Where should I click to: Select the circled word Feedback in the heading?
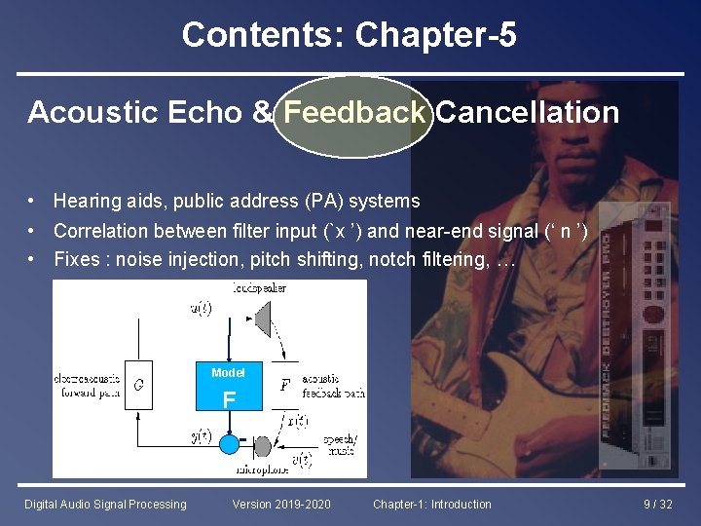click(x=353, y=113)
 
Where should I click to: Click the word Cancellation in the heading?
click(x=527, y=113)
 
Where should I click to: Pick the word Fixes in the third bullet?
click(x=76, y=259)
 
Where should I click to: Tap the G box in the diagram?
click(x=139, y=385)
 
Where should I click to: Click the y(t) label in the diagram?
click(x=202, y=435)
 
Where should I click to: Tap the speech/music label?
click(x=340, y=444)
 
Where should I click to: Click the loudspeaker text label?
click(x=259, y=287)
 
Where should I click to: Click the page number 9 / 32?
click(x=658, y=505)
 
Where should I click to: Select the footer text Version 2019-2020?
click(x=281, y=505)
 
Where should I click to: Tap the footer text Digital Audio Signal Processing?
click(x=105, y=505)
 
